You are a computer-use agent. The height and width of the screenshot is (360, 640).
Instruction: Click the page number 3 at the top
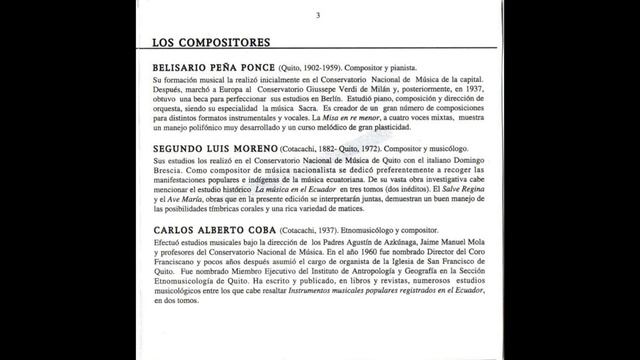[317, 15]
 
